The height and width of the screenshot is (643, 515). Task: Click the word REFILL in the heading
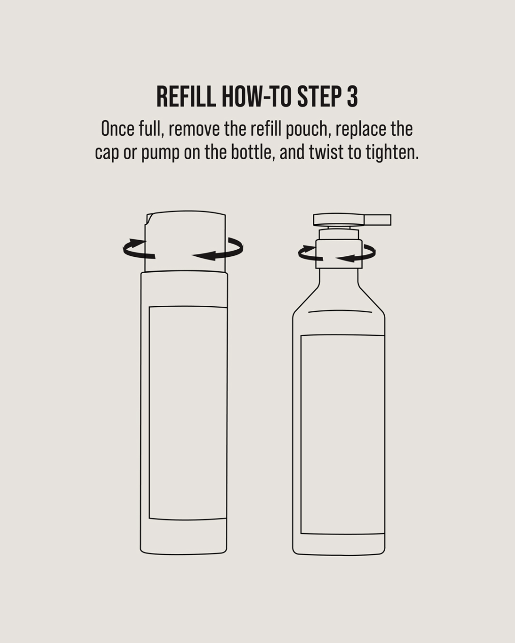[x=186, y=97]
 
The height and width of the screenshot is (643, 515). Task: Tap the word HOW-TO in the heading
[x=256, y=97]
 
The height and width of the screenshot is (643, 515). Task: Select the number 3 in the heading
[x=352, y=97]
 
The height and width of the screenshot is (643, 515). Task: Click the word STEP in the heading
[x=319, y=97]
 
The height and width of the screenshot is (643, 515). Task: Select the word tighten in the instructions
[x=384, y=153]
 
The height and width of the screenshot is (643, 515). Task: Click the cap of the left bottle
[x=185, y=242]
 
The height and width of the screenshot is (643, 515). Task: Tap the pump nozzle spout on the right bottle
[x=378, y=220]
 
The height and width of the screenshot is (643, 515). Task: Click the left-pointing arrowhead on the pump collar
[x=346, y=258]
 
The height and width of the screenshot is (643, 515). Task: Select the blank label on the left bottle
[x=188, y=413]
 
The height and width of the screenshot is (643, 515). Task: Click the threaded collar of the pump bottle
[x=339, y=254]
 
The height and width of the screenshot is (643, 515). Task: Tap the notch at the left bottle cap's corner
[x=150, y=219]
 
